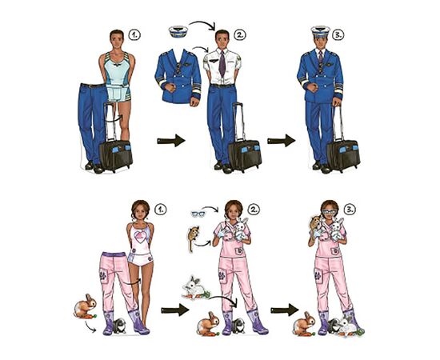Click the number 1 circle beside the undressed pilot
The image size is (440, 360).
point(134,35)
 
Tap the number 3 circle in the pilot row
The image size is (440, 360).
point(338,34)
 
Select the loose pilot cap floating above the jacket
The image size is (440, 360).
point(178,31)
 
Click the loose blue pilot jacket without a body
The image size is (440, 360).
point(178,77)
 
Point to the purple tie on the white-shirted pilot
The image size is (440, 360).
point(222,63)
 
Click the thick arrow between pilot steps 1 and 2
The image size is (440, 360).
point(171,140)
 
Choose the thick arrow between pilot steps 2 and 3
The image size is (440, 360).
point(281,140)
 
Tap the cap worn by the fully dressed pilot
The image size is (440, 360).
point(321,31)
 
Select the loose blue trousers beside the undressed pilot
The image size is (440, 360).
point(92,123)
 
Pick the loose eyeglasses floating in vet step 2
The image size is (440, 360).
point(198,214)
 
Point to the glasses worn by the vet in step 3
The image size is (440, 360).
point(329,212)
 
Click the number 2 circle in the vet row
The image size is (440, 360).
point(254,210)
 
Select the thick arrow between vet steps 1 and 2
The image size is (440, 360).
point(175,310)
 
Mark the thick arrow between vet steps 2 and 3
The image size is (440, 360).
point(285,310)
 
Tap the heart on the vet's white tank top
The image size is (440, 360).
point(142,237)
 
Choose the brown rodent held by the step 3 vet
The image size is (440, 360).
point(315,223)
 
